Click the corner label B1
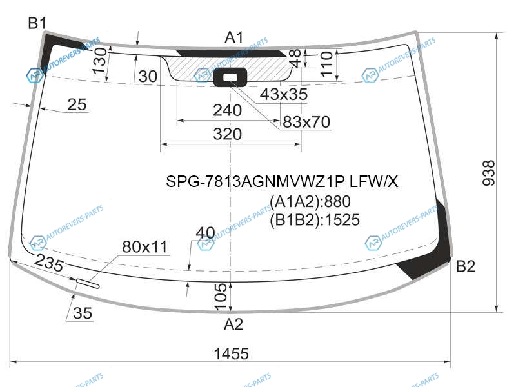point(37,23)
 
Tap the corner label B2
point(465,266)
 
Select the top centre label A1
point(234,37)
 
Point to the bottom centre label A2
point(233,324)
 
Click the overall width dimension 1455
point(231,354)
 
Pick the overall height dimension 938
point(489,173)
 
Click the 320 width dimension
point(228,134)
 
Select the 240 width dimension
point(228,110)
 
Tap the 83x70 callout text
point(306,122)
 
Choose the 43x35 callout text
point(284,94)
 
